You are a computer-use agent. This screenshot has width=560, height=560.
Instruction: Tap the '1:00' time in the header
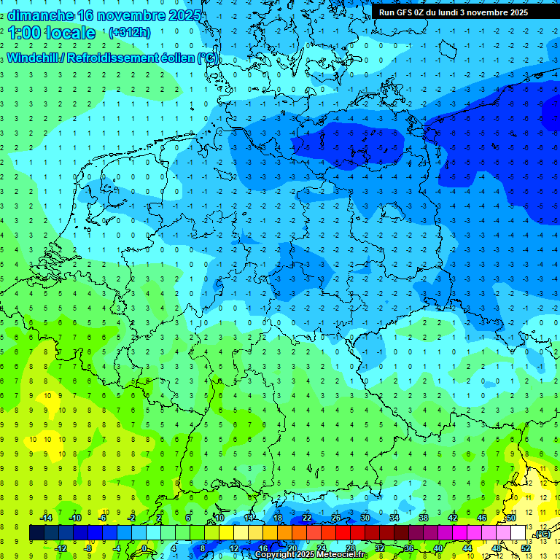click(x=23, y=33)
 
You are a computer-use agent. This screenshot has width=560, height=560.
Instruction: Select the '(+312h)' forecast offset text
click(x=130, y=33)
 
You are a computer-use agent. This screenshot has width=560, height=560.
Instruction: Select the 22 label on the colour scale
click(x=307, y=518)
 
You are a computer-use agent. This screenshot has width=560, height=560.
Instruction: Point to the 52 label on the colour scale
click(x=526, y=548)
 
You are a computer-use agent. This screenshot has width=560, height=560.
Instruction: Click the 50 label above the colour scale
click(x=511, y=518)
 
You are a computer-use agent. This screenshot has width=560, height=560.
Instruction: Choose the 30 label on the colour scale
click(x=365, y=518)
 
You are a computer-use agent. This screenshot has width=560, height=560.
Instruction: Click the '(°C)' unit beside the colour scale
click(x=542, y=534)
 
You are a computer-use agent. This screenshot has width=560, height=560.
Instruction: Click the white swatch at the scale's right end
click(x=518, y=533)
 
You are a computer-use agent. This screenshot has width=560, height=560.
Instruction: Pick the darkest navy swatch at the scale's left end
click(x=36, y=533)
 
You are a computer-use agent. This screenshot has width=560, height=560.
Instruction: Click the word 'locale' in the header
click(x=70, y=33)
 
